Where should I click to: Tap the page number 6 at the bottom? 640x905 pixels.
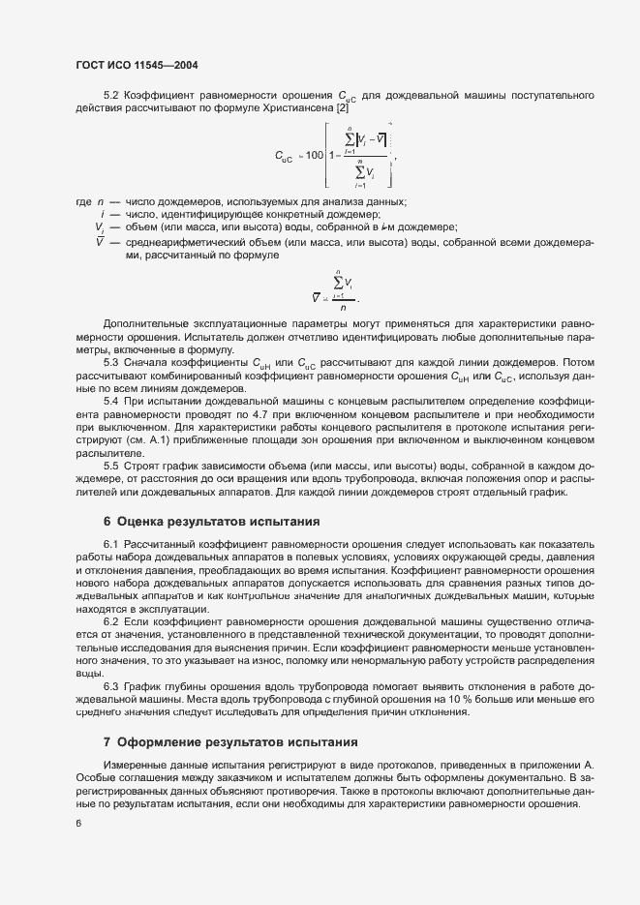click(77, 823)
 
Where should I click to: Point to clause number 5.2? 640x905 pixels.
click(110, 95)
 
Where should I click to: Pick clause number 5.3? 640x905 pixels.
click(110, 362)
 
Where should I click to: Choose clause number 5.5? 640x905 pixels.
click(110, 466)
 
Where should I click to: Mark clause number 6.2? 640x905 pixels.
click(110, 620)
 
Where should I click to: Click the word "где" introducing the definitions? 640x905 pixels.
click(83, 201)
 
